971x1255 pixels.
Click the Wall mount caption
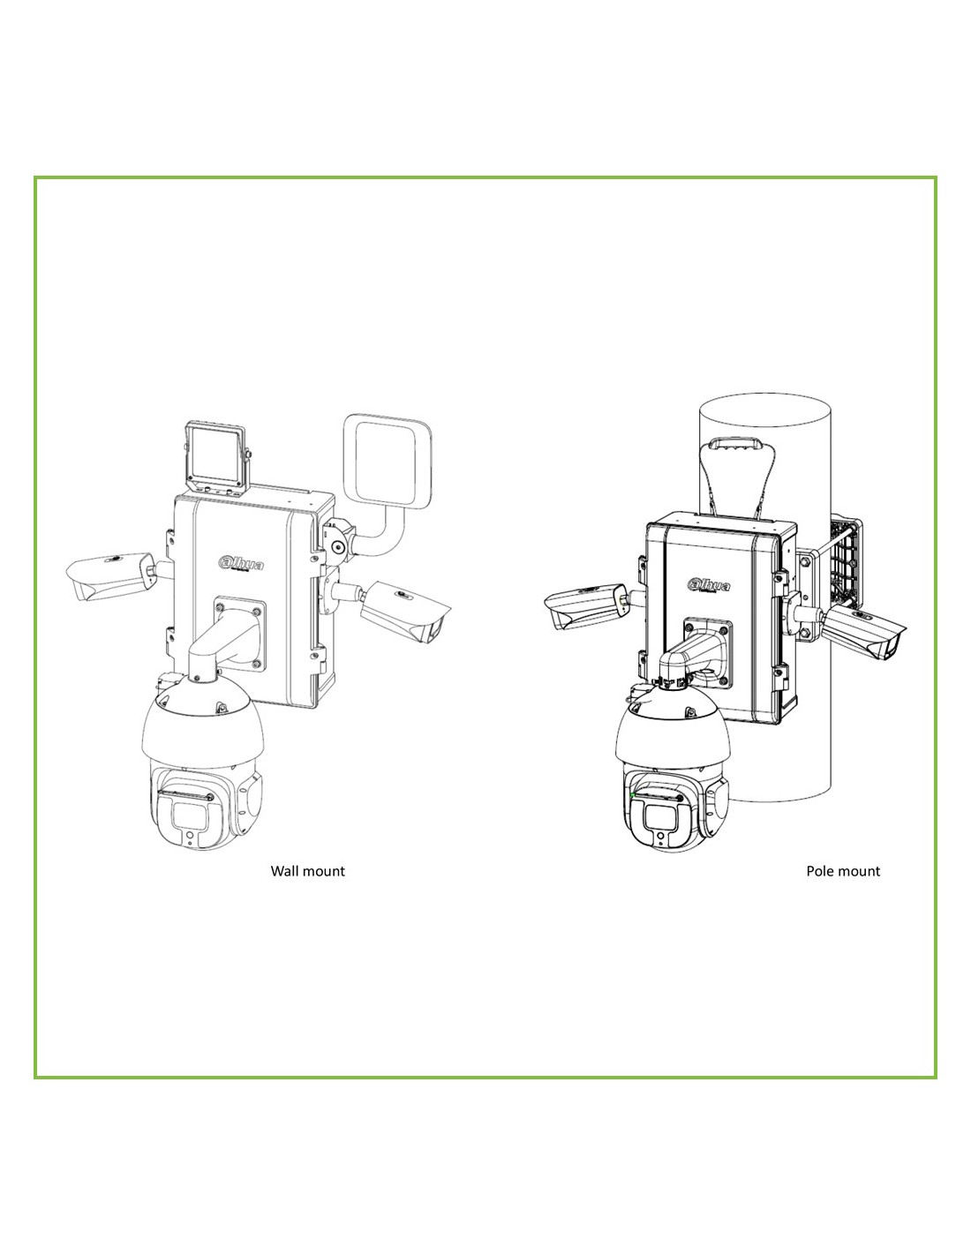(307, 871)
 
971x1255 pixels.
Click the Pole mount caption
(843, 871)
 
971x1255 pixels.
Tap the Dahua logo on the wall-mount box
(241, 563)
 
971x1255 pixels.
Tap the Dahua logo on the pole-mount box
(708, 586)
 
